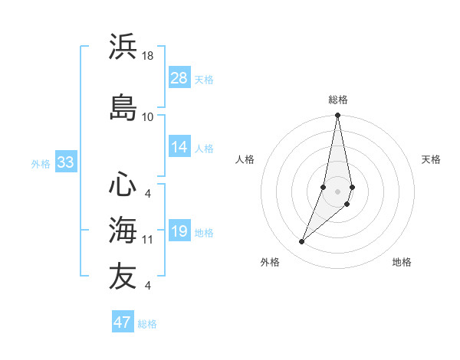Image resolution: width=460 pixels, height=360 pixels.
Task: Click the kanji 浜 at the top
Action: (123, 47)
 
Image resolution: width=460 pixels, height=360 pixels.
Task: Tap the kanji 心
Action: (123, 185)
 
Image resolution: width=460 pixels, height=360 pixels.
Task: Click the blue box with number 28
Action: (179, 78)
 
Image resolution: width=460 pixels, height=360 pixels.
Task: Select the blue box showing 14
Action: (179, 148)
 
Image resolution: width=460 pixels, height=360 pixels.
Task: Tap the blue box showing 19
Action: (179, 232)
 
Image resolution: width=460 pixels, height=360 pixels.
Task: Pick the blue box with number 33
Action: (65, 162)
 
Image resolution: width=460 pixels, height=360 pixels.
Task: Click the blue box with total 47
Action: (123, 322)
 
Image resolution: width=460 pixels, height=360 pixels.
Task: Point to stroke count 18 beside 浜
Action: (148, 57)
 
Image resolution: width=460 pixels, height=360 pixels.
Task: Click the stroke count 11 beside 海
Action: (148, 240)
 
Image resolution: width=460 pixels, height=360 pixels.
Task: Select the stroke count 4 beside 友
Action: (148, 286)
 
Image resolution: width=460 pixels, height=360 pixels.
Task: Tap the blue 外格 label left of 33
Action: (40, 163)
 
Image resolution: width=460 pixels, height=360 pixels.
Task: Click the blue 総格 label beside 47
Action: (147, 324)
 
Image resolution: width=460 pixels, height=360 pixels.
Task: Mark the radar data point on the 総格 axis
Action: (337, 116)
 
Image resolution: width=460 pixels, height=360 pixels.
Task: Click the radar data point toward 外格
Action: (302, 242)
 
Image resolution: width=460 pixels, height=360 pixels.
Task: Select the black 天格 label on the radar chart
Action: (431, 159)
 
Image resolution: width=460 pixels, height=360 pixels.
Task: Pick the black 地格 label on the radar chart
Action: (402, 262)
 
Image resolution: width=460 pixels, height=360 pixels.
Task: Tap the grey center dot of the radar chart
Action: (337, 191)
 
